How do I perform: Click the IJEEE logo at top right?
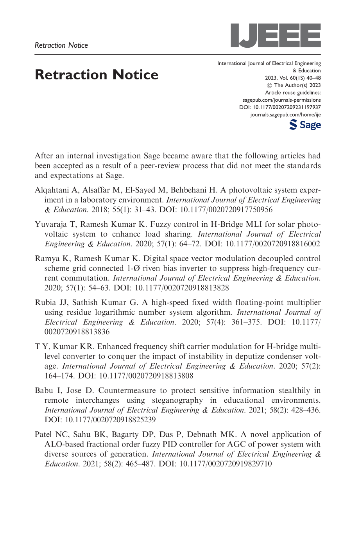pos(276,36)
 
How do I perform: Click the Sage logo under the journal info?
pos(305,125)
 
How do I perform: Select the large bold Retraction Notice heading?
pos(97,75)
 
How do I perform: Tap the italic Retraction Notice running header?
pos(61,45)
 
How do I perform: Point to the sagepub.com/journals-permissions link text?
pos(281,100)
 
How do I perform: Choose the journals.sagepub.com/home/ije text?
pos(285,115)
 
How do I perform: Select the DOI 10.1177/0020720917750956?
pos(226,210)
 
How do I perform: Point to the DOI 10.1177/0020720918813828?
pos(182,288)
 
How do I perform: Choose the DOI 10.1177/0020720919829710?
pos(225,464)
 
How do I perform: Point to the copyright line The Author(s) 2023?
pos(297,85)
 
